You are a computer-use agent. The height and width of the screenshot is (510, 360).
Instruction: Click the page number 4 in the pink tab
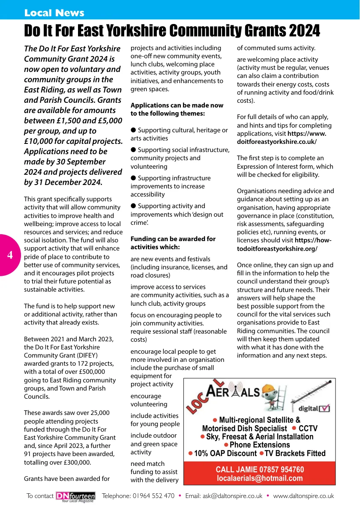point(10,255)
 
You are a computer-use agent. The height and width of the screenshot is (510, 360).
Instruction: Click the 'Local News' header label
point(54,13)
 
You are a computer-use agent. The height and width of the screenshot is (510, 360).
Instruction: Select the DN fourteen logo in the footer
point(75,496)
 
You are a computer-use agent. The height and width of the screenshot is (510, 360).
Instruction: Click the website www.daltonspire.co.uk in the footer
point(303,496)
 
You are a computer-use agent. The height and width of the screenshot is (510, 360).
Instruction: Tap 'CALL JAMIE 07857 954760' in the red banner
point(259,470)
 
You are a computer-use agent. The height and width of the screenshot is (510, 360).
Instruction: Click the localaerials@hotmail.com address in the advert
point(259,478)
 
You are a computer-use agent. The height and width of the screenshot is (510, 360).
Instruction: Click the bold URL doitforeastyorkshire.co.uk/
point(276,142)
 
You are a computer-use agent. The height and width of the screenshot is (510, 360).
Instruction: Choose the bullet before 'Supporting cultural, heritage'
point(133,130)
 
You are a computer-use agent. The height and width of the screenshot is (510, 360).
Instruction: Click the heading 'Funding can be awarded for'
point(173,239)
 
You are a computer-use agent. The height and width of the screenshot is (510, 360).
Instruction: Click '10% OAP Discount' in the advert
point(225,453)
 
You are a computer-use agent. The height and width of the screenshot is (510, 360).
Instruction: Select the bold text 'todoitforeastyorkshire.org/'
point(277,249)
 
